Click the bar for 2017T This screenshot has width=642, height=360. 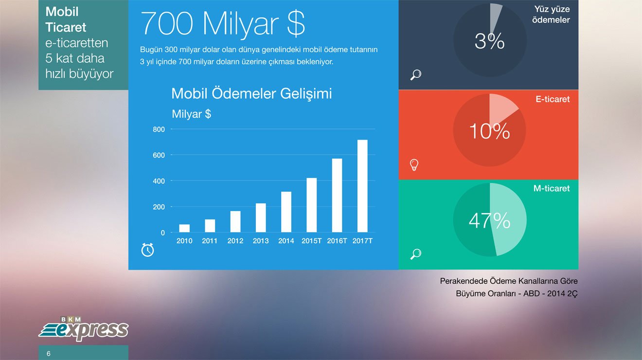(362, 186)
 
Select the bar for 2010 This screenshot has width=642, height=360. (184, 228)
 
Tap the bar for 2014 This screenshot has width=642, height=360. (286, 212)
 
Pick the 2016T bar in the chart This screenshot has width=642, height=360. (337, 195)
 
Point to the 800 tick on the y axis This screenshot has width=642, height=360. (159, 129)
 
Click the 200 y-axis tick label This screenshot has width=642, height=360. (159, 207)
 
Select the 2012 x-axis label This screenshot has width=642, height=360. (235, 241)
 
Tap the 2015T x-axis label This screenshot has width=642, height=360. (312, 241)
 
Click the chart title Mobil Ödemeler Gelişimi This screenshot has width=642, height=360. (251, 93)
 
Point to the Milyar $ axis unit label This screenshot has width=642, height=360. (192, 114)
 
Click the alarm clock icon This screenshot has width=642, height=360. (147, 250)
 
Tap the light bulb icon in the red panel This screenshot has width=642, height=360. (414, 165)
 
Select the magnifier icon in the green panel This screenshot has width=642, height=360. (415, 254)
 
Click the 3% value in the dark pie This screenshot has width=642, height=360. (489, 41)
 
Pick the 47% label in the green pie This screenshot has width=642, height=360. (489, 220)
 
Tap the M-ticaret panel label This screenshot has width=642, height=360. (552, 188)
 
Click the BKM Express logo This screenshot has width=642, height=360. (84, 329)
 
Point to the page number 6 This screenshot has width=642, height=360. (49, 354)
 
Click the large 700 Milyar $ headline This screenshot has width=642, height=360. (223, 23)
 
